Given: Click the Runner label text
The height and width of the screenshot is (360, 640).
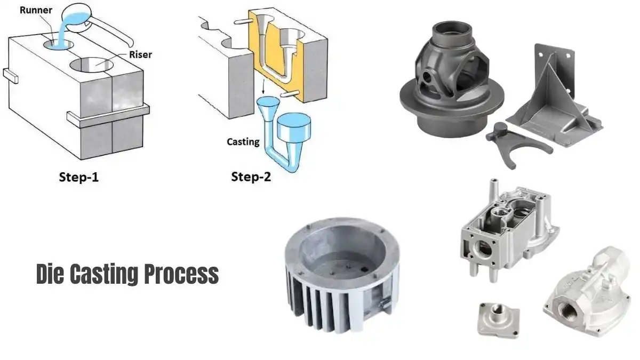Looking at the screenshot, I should pos(35,9).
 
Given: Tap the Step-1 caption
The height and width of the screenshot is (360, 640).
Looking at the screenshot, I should pos(78,177).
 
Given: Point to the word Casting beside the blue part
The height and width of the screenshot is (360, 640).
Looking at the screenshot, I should pos(243,142).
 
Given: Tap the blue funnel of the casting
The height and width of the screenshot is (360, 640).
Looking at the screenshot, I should pos(266,108).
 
